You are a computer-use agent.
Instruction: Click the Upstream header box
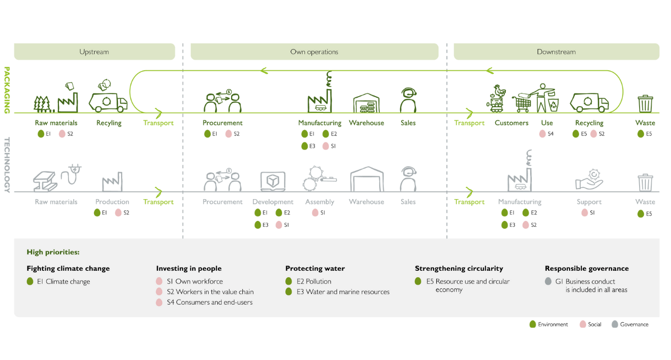(95, 52)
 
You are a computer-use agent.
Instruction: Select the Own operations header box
(314, 52)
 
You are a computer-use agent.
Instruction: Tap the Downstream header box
(556, 52)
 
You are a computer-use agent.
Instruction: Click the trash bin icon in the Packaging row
(645, 103)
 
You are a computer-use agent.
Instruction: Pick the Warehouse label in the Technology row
(366, 202)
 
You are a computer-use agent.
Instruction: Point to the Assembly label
(319, 202)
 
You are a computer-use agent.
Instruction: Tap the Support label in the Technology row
(589, 202)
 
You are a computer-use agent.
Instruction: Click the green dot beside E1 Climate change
(30, 281)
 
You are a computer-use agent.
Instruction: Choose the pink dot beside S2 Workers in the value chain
(159, 292)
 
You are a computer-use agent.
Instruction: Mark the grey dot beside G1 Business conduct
(549, 281)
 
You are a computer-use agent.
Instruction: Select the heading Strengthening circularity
(458, 269)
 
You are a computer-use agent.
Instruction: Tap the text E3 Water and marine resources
(343, 292)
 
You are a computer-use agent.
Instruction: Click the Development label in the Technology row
(273, 202)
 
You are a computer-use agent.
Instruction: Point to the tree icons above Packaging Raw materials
(42, 103)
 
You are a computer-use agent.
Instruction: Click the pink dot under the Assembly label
(315, 213)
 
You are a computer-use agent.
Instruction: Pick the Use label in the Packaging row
(547, 123)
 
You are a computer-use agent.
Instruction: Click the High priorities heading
(53, 252)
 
